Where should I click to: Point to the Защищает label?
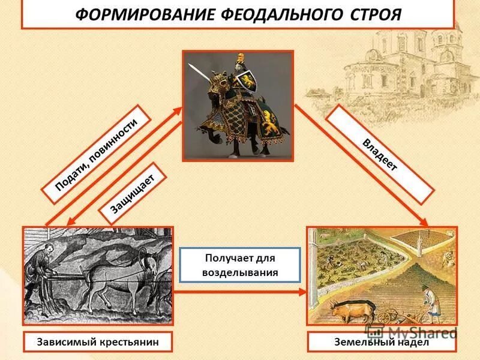pyautogui.click(x=133, y=194)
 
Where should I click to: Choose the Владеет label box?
pyautogui.click(x=379, y=154)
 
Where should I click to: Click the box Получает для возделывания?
pyautogui.click(x=240, y=265)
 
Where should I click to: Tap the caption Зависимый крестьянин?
pyautogui.click(x=98, y=341)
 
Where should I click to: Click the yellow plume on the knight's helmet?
pyautogui.click(x=242, y=58)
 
